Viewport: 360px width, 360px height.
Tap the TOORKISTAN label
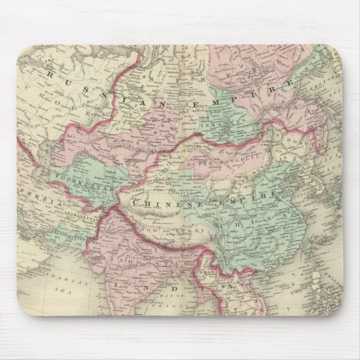tap(78, 178)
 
